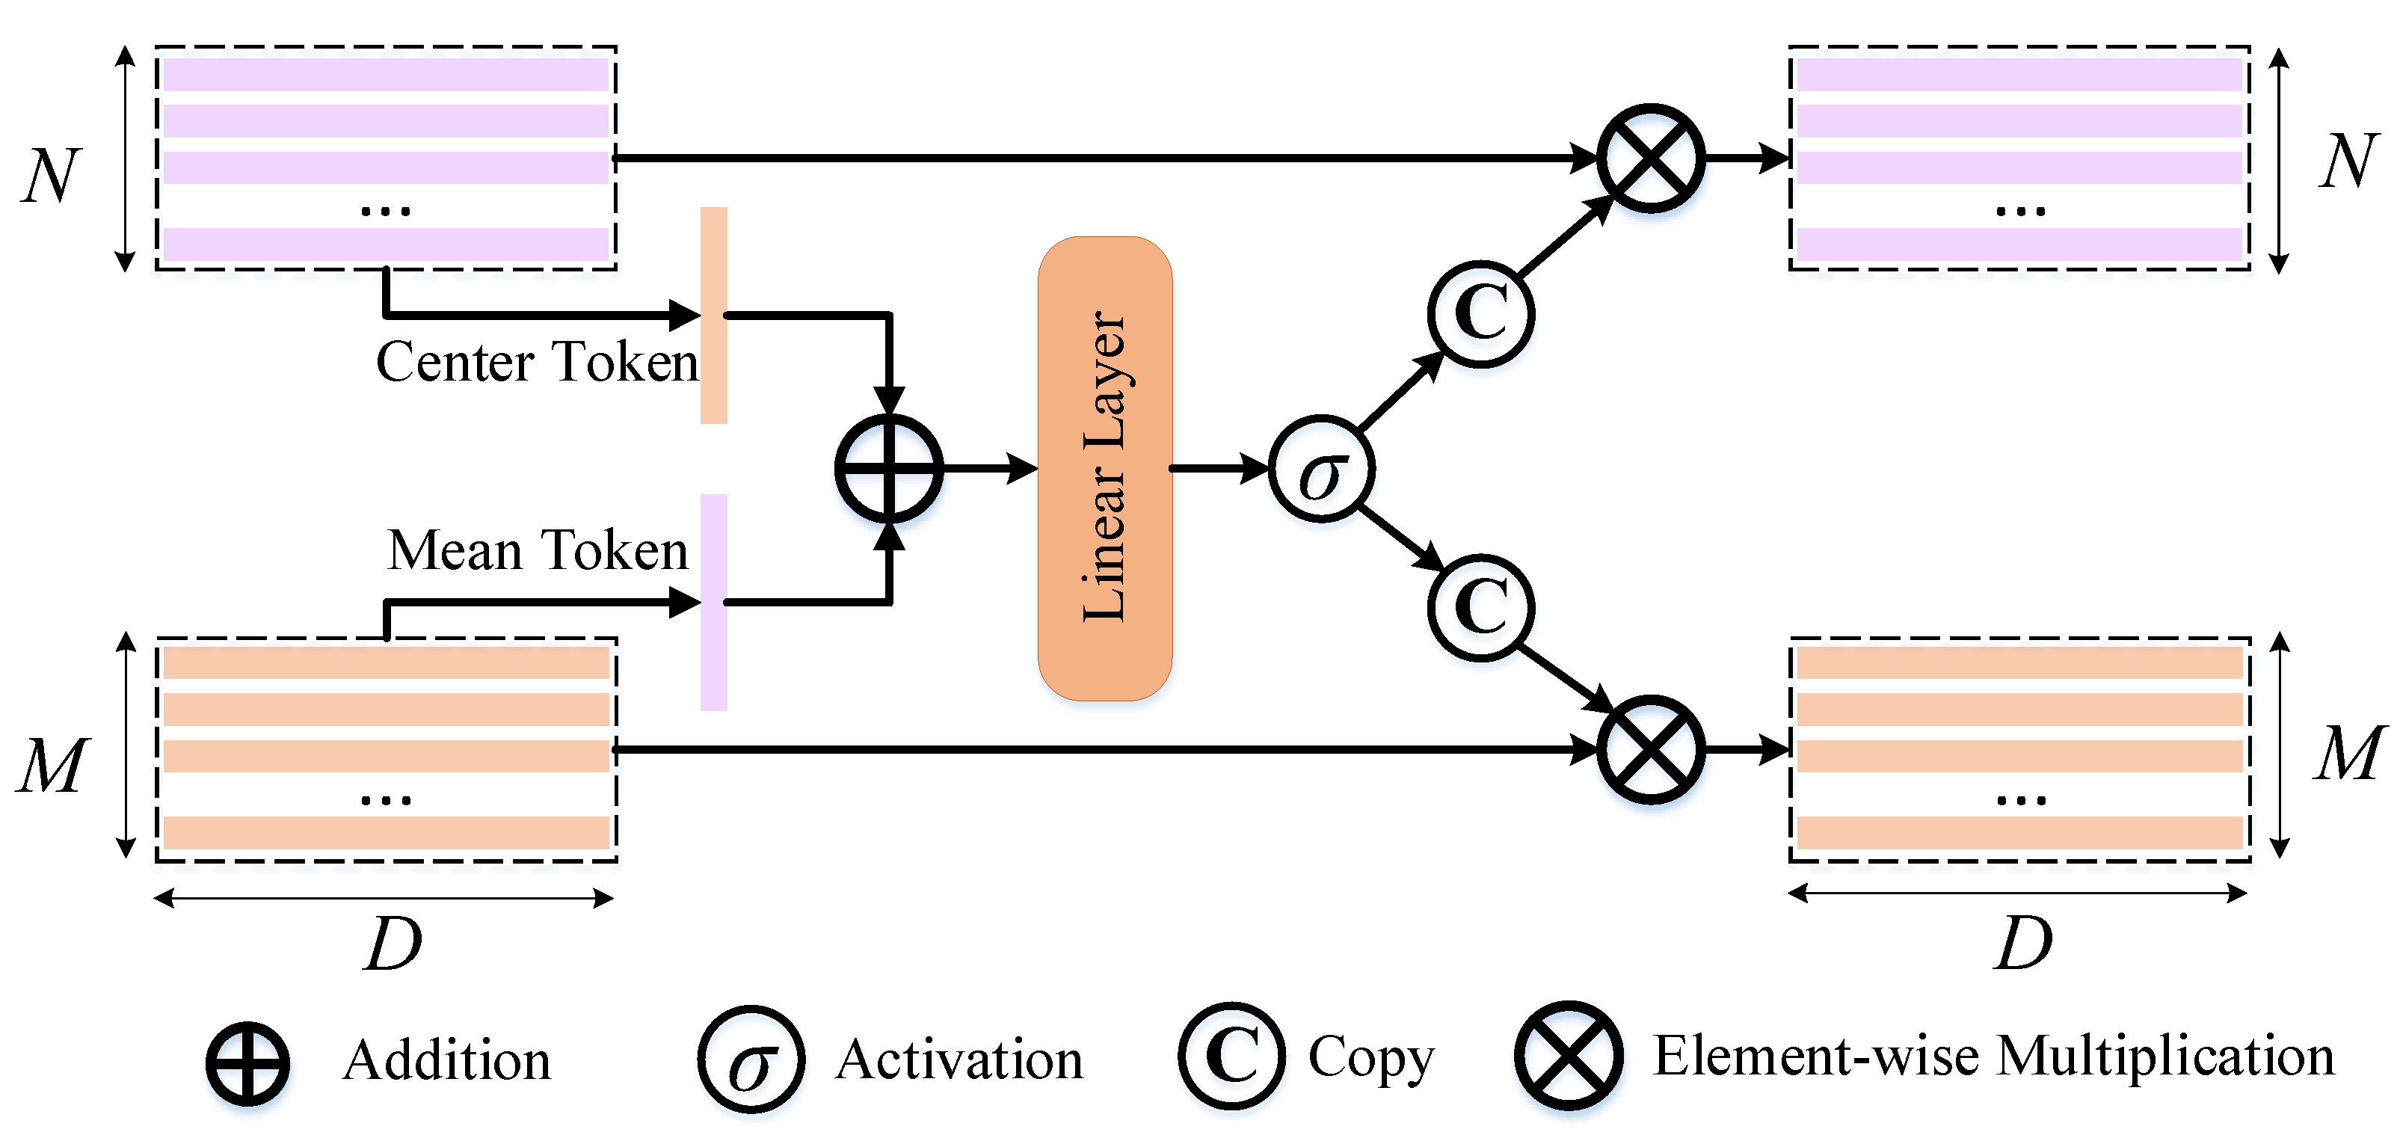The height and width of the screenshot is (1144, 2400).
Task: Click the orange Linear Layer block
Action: tap(1105, 469)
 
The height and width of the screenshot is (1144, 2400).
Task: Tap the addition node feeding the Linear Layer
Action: tap(889, 469)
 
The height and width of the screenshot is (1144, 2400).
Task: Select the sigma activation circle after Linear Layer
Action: tap(1321, 469)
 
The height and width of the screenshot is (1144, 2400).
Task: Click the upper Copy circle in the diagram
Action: tap(1480, 314)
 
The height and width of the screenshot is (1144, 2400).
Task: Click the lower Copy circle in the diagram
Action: tap(1480, 607)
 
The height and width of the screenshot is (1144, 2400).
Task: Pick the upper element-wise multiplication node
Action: tap(1651, 159)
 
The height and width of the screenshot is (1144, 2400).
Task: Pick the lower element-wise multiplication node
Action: tap(1651, 749)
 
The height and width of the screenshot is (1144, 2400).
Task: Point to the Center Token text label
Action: tap(537, 361)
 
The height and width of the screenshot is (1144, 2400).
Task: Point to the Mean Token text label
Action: tap(538, 550)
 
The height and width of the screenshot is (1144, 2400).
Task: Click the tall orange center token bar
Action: tap(714, 315)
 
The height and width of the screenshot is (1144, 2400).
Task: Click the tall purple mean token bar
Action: tap(714, 602)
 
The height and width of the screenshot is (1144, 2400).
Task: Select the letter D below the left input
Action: tap(393, 944)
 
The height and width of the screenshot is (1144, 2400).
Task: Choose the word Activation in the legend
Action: tap(960, 1060)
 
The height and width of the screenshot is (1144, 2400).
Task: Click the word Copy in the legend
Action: tap(1370, 1058)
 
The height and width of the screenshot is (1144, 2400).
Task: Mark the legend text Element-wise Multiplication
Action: tap(1994, 1057)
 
